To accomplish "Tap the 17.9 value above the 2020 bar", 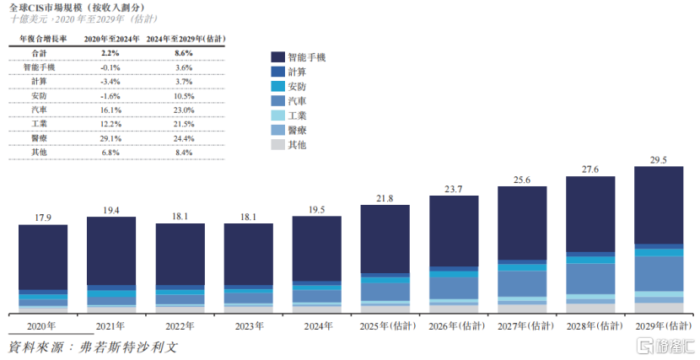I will coord(43,218).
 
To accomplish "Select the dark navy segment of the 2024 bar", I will coord(316,250).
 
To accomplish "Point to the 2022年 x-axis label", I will coord(180,325).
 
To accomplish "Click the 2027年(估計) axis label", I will coord(521,325).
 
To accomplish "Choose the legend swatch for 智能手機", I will coord(277,57).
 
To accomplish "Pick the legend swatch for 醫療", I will coord(277,130).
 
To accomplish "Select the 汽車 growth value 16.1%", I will coord(110,110).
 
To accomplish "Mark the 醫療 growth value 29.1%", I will coord(110,138).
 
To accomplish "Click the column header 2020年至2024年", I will coord(110,38).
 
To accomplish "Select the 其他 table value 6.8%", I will coord(110,153).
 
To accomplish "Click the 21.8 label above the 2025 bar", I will coord(385,198).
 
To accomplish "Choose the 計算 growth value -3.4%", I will coord(110,81).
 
